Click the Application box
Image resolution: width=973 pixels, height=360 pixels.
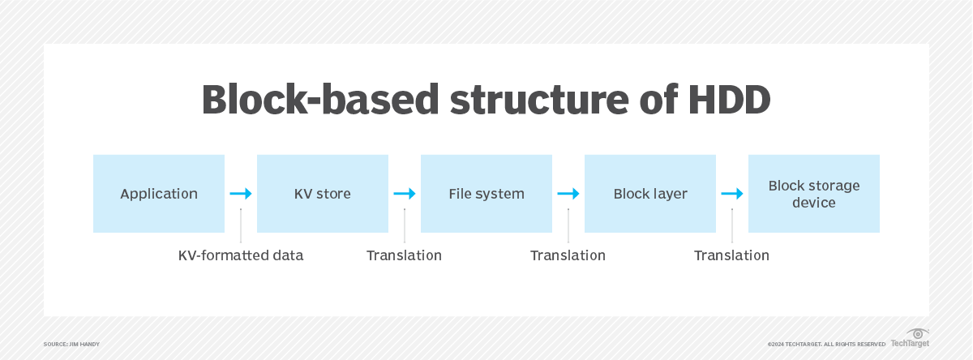[159, 194]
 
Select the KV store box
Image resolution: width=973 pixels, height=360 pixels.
[323, 194]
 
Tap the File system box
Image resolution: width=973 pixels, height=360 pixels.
[486, 194]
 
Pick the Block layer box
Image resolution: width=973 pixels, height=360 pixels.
[650, 194]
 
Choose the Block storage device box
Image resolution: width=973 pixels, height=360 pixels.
[813, 194]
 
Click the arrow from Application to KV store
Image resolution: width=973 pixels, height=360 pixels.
[241, 194]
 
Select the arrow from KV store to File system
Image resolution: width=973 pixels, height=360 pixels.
[405, 194]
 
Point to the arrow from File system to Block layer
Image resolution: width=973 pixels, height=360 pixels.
[568, 194]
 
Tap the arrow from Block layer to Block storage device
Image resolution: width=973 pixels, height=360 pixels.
[732, 194]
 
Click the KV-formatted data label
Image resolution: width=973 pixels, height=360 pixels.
[241, 255]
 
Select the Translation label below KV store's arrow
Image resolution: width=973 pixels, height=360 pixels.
[404, 255]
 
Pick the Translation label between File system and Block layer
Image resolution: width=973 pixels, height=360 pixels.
[568, 255]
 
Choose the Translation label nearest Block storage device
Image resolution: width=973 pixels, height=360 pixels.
[731, 255]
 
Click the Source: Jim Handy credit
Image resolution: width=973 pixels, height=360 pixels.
[71, 345]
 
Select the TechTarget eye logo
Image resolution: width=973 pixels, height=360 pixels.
[918, 333]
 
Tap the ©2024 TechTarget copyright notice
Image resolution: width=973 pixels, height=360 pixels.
[825, 345]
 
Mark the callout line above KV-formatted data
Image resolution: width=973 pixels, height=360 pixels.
[241, 225]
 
